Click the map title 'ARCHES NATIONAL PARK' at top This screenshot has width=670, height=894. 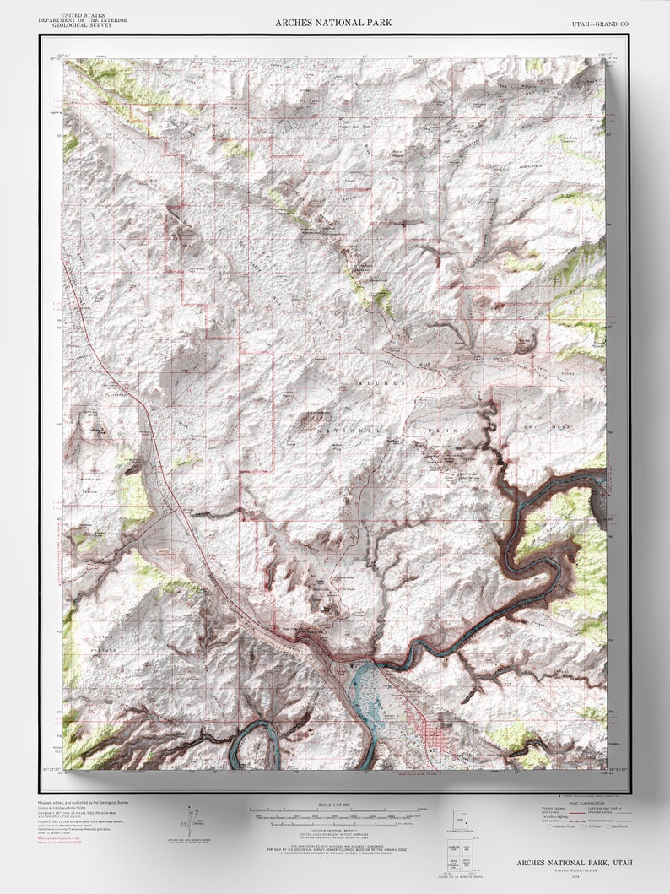[333, 22]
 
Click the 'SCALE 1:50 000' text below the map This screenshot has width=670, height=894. [335, 803]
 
